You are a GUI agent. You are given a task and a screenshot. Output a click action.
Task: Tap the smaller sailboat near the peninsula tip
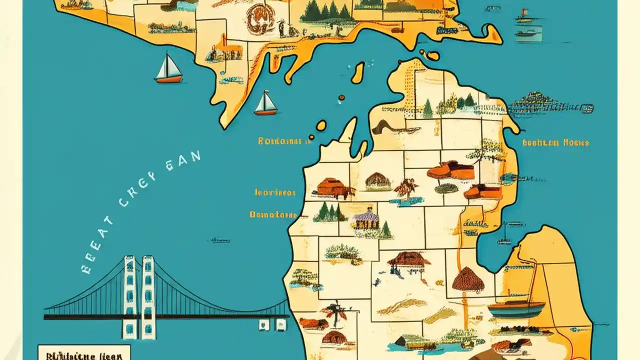click(x=265, y=103)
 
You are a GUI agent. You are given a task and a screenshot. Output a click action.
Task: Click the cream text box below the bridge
click(x=84, y=352)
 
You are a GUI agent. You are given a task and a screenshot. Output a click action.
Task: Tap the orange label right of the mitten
click(x=555, y=142)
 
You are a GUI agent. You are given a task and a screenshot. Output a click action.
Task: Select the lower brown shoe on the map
click(x=482, y=191)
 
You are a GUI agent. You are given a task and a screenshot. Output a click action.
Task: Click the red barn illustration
click(x=331, y=187)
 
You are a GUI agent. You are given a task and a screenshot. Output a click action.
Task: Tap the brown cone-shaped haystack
click(x=468, y=279)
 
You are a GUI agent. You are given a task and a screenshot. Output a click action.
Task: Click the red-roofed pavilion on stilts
click(x=409, y=260)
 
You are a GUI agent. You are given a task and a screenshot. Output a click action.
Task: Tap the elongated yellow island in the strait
click(x=357, y=73)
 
